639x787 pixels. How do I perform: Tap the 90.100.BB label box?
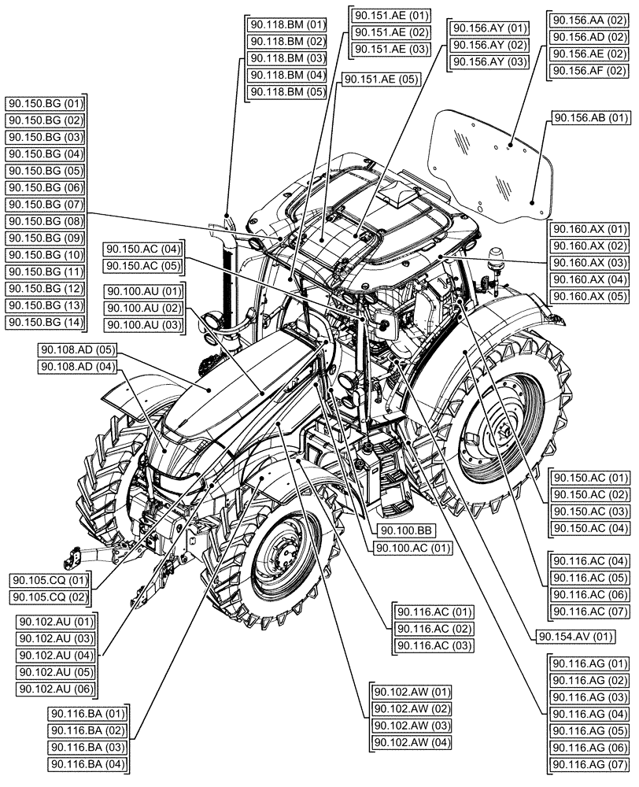(x=404, y=530)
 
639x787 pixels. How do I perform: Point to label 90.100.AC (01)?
(x=412, y=548)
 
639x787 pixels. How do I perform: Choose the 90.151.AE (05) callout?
(x=381, y=79)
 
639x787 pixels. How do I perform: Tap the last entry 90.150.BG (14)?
(x=45, y=321)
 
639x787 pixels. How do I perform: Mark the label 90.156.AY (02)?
(x=487, y=46)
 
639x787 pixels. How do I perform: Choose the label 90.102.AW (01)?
(x=410, y=693)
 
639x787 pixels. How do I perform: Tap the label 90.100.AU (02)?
(x=143, y=308)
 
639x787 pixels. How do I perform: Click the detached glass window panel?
(x=488, y=161)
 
